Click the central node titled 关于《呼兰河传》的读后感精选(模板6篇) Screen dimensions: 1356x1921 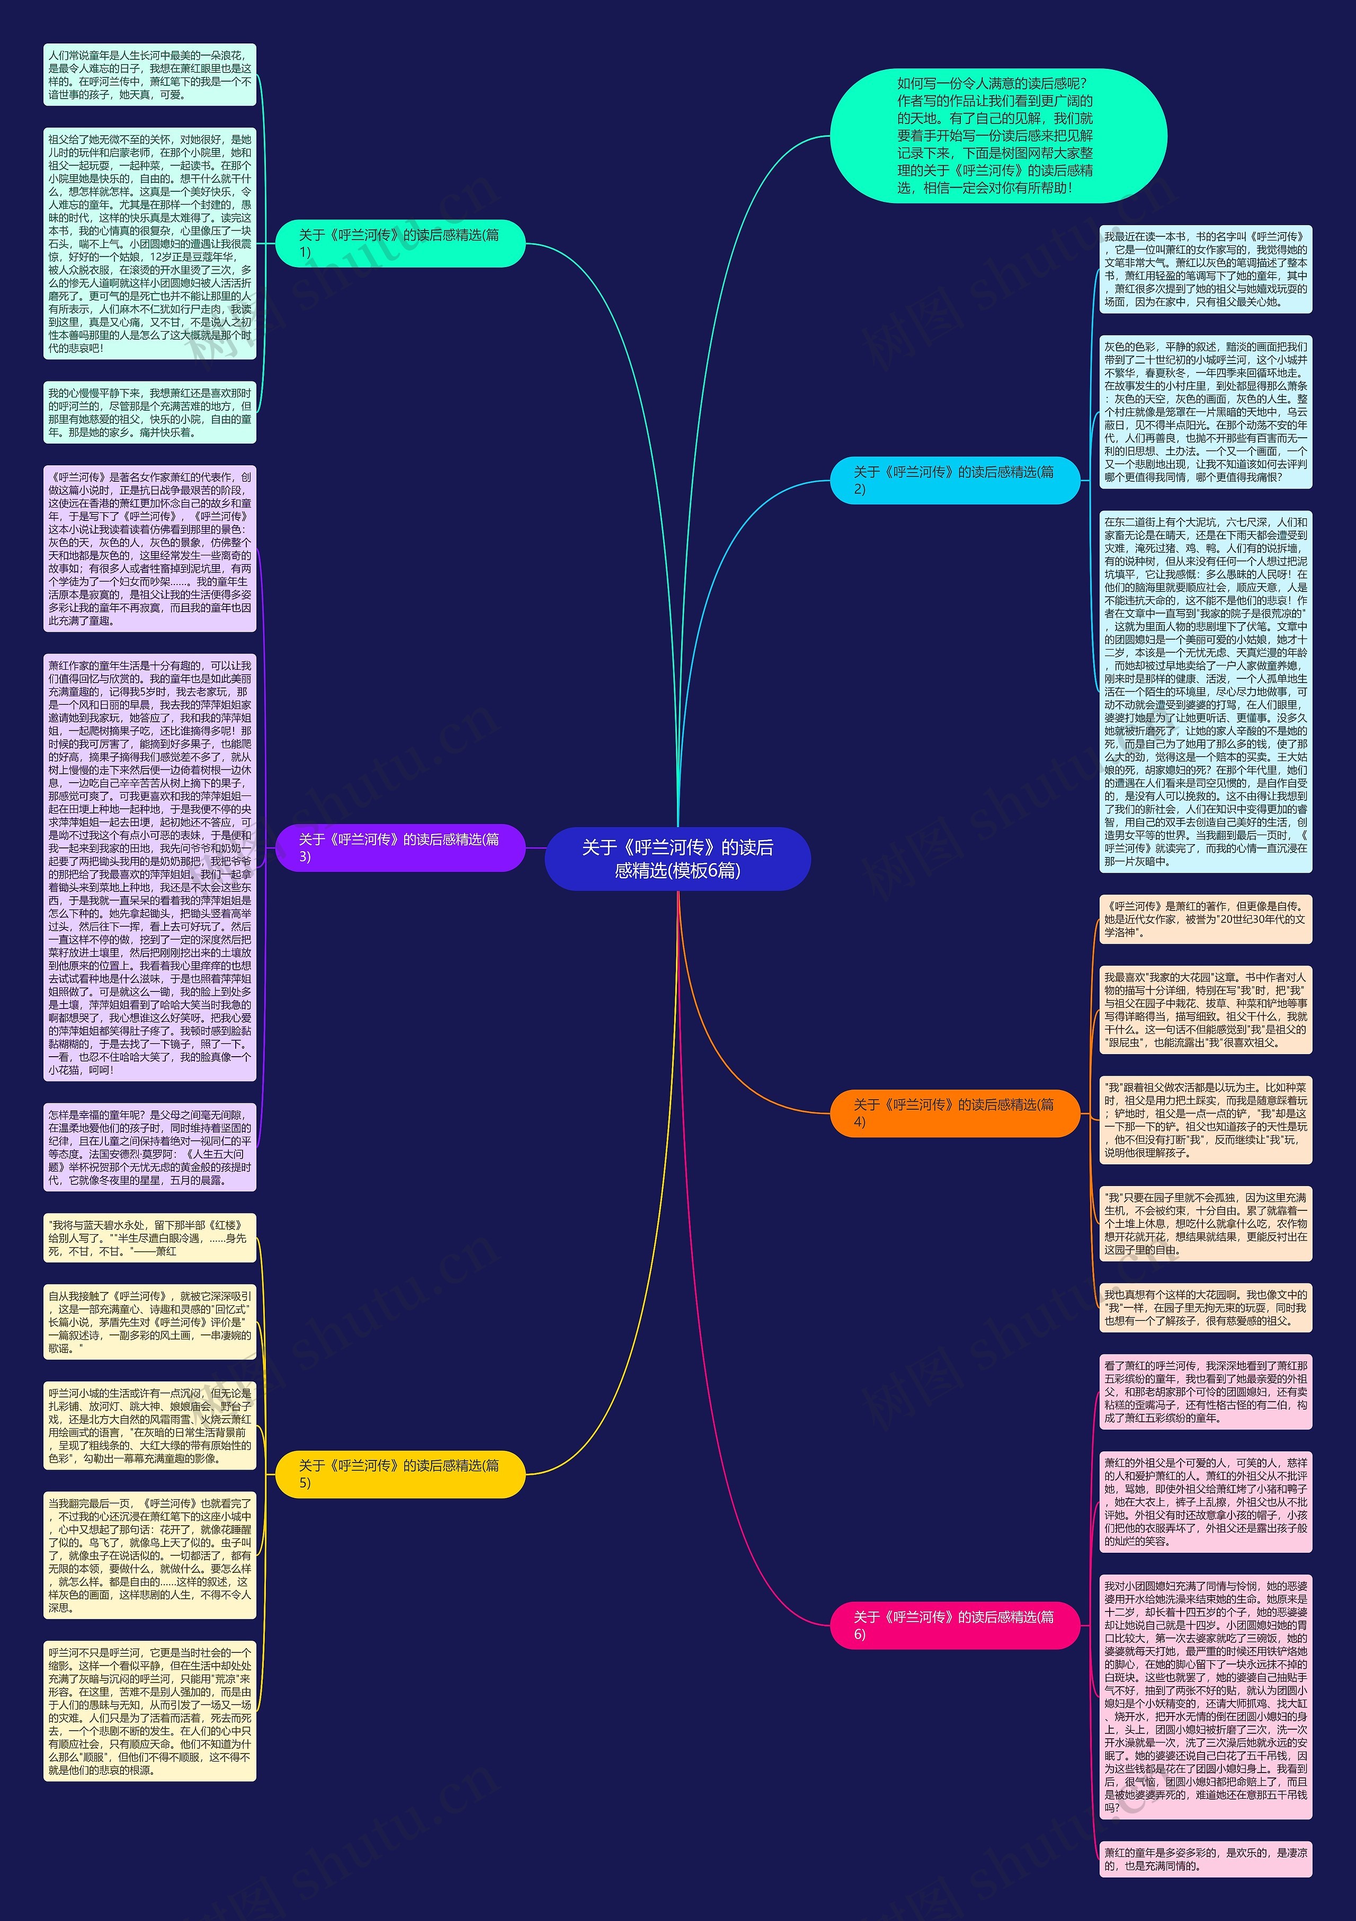pyautogui.click(x=677, y=858)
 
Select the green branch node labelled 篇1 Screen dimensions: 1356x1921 pyautogui.click(x=400, y=243)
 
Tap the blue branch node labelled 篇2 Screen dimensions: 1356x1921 pyautogui.click(x=954, y=480)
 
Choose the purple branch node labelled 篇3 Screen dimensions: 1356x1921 pyautogui.click(x=400, y=847)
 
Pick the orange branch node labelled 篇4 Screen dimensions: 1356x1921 pyautogui.click(x=954, y=1113)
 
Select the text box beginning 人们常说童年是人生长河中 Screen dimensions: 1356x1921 pyautogui.click(x=150, y=75)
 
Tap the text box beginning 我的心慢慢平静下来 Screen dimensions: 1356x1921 pyautogui.click(x=150, y=412)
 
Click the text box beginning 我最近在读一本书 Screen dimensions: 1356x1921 pyautogui.click(x=1206, y=269)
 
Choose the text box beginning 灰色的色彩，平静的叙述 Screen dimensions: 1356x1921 pyautogui.click(x=1206, y=412)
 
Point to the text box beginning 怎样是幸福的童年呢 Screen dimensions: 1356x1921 pyautogui.click(x=150, y=1147)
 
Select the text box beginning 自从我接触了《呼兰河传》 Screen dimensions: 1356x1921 pyautogui.click(x=150, y=1322)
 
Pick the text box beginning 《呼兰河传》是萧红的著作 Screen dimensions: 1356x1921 pyautogui.click(x=1206, y=919)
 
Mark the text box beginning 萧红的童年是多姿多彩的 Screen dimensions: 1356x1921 pyautogui.click(x=1206, y=1859)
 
